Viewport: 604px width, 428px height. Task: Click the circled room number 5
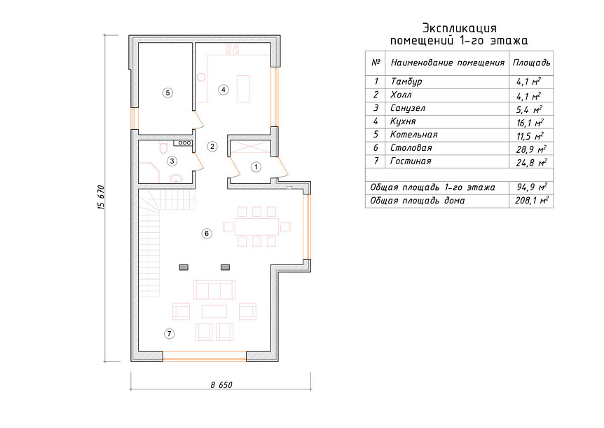[x=167, y=93]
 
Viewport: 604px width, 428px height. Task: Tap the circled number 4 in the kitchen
[x=224, y=90]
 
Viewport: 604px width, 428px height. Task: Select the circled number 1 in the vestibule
[x=256, y=167]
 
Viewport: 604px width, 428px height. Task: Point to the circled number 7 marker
[x=169, y=334]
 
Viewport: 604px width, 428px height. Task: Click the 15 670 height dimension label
[x=102, y=197]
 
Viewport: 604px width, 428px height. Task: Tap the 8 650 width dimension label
[x=221, y=384]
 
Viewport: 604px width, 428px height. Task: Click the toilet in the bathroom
[x=164, y=147]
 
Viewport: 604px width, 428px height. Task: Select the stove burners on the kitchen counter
[x=232, y=49]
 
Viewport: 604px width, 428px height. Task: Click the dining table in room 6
[x=257, y=227]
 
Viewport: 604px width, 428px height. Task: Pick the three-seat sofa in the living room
[x=214, y=290]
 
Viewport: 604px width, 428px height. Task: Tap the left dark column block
[x=184, y=267]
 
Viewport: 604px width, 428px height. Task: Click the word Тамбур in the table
[x=406, y=82]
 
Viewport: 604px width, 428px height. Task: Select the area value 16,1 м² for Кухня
[x=530, y=123]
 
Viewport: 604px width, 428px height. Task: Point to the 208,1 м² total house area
[x=532, y=201]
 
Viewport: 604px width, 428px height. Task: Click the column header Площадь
[x=531, y=62]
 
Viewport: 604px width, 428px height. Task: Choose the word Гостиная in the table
[x=411, y=161]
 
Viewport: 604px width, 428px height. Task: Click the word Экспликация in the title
[x=459, y=28]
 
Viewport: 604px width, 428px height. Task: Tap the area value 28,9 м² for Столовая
[x=532, y=149]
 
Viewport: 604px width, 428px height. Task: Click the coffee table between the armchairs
[x=214, y=312]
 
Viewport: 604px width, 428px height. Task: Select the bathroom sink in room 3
[x=177, y=178]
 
